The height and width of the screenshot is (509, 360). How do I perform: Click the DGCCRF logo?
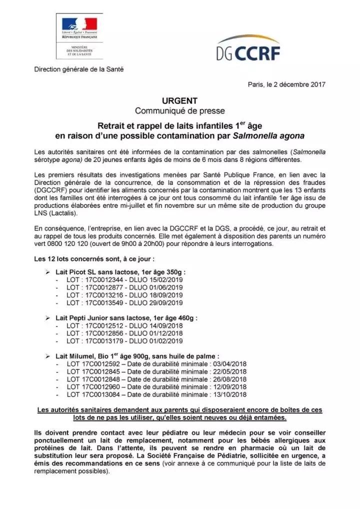point(248,48)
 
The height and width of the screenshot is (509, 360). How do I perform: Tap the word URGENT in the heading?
point(180,100)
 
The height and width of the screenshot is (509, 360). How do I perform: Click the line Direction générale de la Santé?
point(78,69)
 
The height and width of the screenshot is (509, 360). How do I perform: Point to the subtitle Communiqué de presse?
point(180,110)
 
